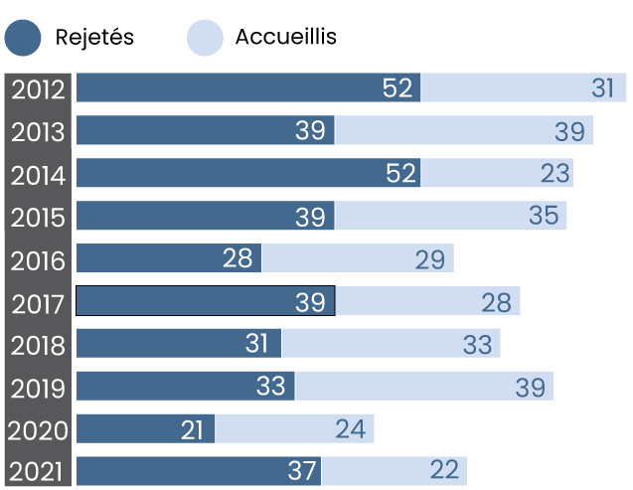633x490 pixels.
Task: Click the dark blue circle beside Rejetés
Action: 23,38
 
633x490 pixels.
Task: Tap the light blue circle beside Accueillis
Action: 204,38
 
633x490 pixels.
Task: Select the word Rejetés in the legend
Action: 94,38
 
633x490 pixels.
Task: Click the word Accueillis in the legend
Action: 286,38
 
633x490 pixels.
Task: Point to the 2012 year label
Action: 38,88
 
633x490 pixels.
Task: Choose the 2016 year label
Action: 38,260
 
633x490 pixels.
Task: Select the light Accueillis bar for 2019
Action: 423,387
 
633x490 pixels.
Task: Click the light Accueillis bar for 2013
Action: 463,131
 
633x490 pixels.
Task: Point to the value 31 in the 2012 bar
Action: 603,88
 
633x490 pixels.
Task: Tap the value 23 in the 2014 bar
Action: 555,174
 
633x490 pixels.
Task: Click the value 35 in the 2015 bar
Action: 544,217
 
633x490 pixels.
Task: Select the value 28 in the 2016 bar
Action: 237,259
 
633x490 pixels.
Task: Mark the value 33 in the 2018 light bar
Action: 477,345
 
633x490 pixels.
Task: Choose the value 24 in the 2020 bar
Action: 350,430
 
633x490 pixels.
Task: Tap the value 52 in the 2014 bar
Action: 397,174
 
